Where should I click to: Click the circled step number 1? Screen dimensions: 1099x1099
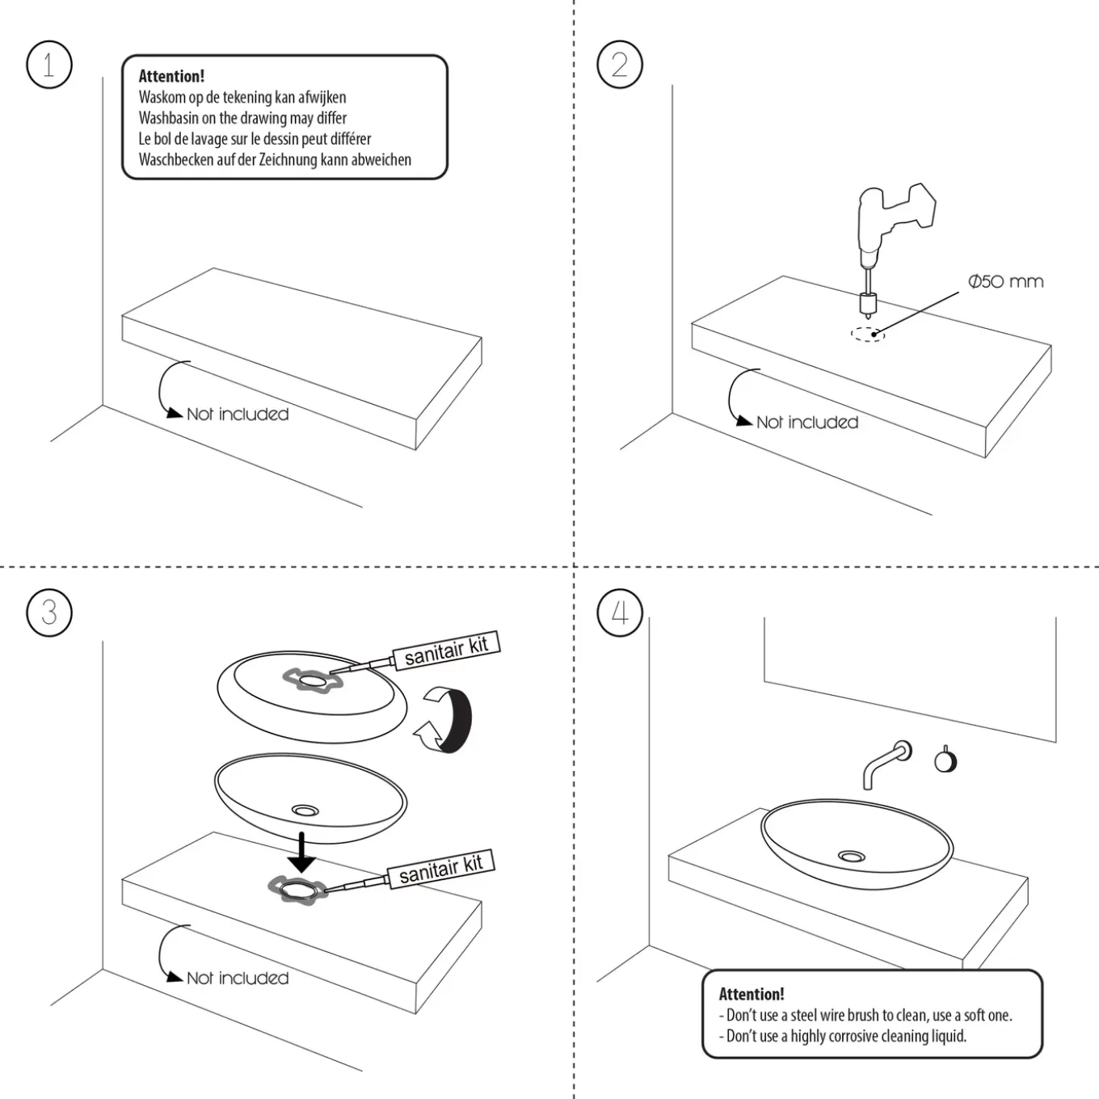(49, 65)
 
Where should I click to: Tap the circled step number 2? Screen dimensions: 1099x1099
(619, 65)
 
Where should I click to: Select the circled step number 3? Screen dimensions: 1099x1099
(49, 613)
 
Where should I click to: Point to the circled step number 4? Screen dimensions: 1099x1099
(619, 613)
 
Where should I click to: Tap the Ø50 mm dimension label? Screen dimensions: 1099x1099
(1005, 281)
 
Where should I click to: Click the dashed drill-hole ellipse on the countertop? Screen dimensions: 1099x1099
(867, 335)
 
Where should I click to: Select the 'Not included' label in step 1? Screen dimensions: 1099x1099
(238, 414)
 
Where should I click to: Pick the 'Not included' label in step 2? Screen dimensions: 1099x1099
(807, 422)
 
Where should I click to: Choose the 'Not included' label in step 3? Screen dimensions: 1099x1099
(238, 978)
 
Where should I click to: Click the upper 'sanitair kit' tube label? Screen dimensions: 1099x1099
(446, 650)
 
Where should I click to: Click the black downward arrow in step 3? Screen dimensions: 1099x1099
(301, 852)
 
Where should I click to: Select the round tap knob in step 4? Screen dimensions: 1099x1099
(945, 760)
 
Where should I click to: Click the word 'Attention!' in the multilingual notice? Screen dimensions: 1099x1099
(171, 76)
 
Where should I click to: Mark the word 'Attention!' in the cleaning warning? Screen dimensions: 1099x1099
(751, 994)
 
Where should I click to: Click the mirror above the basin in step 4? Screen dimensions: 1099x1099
(910, 679)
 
